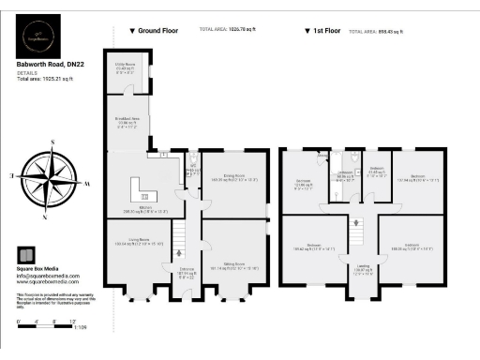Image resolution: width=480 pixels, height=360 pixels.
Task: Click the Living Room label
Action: tap(126, 243)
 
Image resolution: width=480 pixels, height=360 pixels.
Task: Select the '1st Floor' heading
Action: tap(323, 31)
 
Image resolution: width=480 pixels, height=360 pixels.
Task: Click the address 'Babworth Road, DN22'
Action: tap(53, 64)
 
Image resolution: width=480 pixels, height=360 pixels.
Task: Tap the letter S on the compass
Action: tap(53, 142)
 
